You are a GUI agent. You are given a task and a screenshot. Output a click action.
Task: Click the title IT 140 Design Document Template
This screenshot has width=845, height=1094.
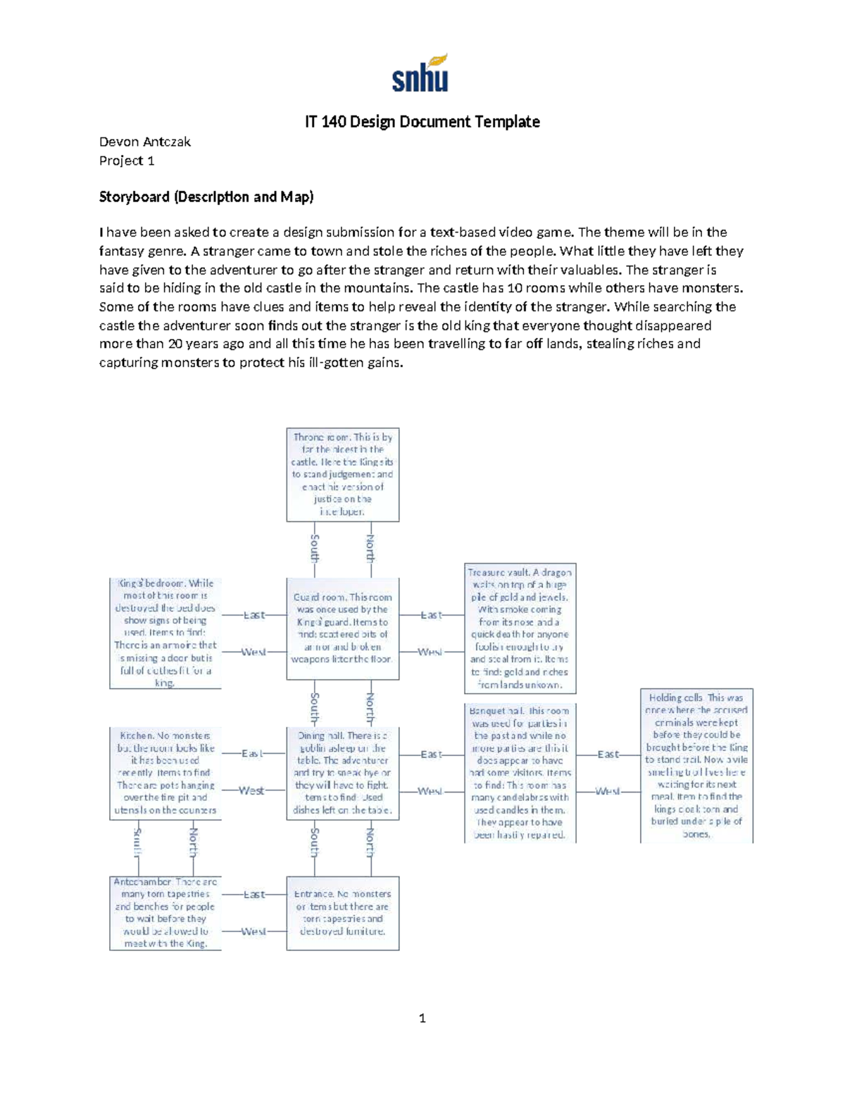pyautogui.click(x=422, y=122)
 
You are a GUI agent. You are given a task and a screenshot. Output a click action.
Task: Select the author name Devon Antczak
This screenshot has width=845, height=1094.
pyautogui.click(x=144, y=142)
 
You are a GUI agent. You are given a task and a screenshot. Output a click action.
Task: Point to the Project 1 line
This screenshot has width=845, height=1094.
pyautogui.click(x=127, y=161)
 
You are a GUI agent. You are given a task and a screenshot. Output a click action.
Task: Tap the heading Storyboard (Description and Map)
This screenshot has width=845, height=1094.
pyautogui.click(x=206, y=197)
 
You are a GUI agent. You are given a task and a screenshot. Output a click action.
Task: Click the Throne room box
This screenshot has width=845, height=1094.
pyautogui.click(x=342, y=474)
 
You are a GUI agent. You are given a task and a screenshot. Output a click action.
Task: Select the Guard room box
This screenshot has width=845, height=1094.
pyautogui.click(x=342, y=628)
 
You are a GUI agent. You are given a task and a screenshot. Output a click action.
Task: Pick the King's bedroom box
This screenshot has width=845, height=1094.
pyautogui.click(x=165, y=633)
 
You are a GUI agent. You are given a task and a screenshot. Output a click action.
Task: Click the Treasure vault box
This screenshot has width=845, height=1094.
pyautogui.click(x=520, y=628)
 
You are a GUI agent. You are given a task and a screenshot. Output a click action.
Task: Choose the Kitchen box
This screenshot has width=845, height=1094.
pyautogui.click(x=165, y=773)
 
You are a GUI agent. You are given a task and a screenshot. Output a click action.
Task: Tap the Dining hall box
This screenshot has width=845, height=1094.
pyautogui.click(x=342, y=773)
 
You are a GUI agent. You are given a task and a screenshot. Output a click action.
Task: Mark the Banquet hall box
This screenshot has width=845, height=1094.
pyautogui.click(x=520, y=773)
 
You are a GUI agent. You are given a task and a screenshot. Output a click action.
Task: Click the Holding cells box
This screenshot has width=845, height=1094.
pyautogui.click(x=696, y=766)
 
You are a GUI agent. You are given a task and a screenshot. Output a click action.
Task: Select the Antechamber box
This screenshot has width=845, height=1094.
pyautogui.click(x=165, y=913)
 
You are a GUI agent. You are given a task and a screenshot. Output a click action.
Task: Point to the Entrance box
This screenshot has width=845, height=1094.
pyautogui.click(x=342, y=913)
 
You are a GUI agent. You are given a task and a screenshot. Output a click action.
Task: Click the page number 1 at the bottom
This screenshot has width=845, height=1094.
pyautogui.click(x=422, y=1018)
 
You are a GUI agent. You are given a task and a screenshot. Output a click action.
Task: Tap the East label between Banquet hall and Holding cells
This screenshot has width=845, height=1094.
pyautogui.click(x=608, y=754)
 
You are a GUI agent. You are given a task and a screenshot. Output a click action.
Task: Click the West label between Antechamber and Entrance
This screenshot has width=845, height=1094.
pyautogui.click(x=254, y=931)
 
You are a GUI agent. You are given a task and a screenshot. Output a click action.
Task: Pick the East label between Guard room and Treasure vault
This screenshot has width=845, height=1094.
pyautogui.click(x=431, y=615)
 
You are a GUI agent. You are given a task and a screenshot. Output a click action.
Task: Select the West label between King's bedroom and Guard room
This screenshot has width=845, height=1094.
pyautogui.click(x=254, y=652)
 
